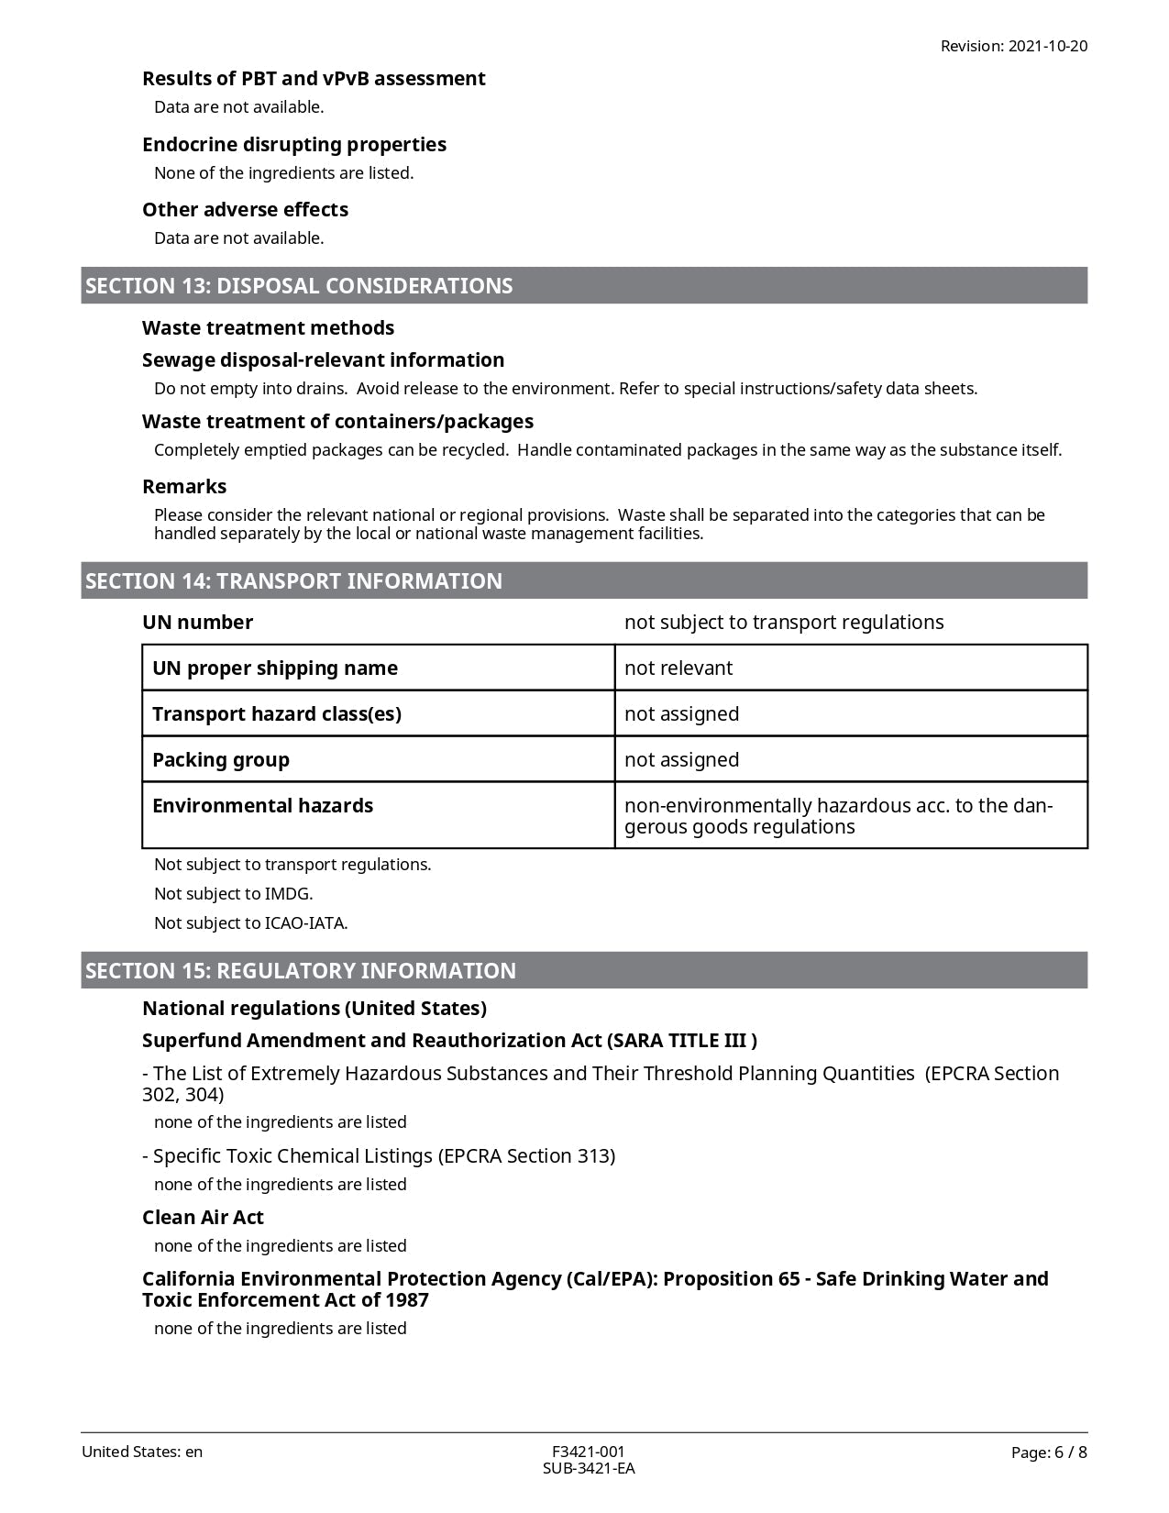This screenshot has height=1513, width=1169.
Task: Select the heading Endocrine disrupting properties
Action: [294, 144]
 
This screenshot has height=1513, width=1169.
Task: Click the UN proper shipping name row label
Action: [275, 668]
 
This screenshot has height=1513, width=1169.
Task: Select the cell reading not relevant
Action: [678, 668]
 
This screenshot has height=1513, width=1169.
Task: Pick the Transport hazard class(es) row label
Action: [277, 714]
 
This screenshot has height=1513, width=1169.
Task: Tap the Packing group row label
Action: [221, 760]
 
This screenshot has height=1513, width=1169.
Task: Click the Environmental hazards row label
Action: [263, 806]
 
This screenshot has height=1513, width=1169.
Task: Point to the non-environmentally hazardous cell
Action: [838, 816]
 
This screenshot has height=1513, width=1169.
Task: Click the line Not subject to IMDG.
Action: [234, 894]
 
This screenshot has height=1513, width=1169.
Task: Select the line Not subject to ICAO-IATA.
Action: [251, 923]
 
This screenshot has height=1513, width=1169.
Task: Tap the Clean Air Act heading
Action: [203, 1218]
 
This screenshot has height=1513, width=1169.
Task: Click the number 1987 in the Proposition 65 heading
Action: [406, 1300]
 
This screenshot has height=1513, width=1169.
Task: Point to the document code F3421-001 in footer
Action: [589, 1452]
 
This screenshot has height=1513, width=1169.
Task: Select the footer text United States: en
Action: [142, 1452]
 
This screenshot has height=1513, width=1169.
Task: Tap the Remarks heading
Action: [184, 487]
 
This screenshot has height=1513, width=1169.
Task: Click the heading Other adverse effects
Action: [246, 210]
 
